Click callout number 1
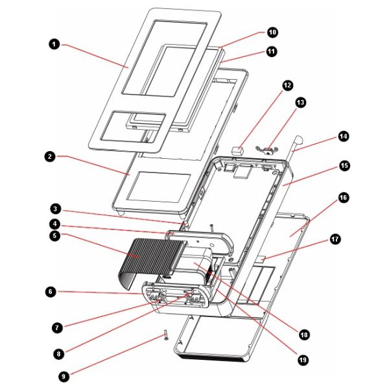click(x=54, y=44)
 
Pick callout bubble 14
click(x=343, y=136)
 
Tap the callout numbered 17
click(x=335, y=239)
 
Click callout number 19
click(x=303, y=357)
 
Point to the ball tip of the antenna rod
click(x=300, y=138)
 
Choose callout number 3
click(x=56, y=209)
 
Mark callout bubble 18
click(x=303, y=335)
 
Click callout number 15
click(x=344, y=166)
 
